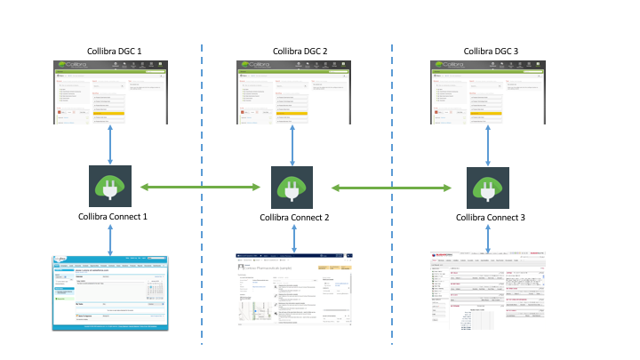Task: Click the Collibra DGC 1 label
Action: coord(109,52)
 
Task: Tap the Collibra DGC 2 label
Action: coord(300,52)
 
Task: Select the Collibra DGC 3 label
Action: coord(491,52)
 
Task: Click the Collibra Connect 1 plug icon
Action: coord(110,187)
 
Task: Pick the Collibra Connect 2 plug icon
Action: coord(293,188)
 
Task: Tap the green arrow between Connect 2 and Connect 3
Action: coord(392,188)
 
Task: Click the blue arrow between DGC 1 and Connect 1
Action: coord(110,143)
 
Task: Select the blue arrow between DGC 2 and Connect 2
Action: coord(294,143)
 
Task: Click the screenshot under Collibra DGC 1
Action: coord(109,92)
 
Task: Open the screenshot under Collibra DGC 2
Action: coord(300,92)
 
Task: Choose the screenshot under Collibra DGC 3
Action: coord(492,92)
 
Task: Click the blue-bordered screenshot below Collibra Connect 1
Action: coord(110,292)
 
